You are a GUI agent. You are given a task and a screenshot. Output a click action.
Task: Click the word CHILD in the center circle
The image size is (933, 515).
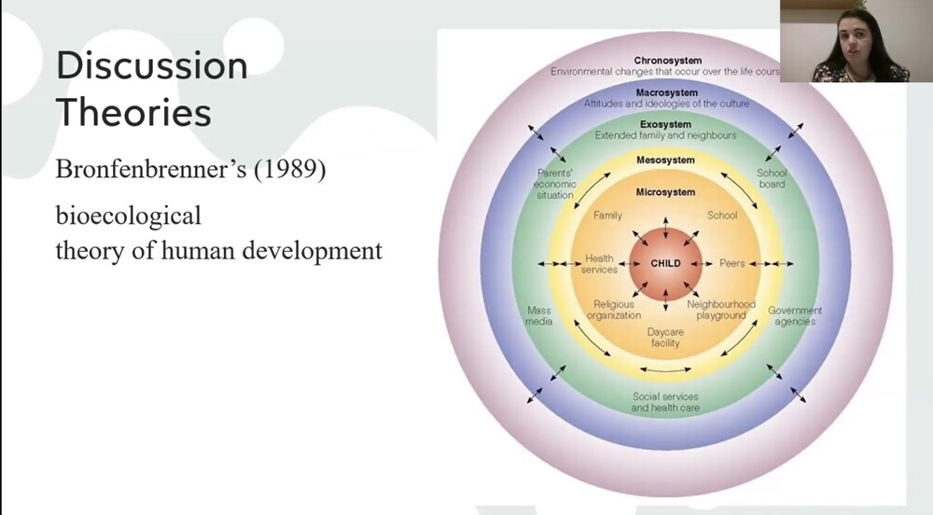point(665,264)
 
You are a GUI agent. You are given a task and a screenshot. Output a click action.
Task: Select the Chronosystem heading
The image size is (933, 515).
point(667,61)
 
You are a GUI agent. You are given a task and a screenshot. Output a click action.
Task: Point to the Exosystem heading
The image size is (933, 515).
point(666,125)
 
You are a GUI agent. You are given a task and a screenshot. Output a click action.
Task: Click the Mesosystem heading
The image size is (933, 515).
point(665,160)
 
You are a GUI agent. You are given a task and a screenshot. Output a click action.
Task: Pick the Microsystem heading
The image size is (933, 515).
point(665,192)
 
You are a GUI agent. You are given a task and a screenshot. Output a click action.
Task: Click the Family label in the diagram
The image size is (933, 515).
point(608,216)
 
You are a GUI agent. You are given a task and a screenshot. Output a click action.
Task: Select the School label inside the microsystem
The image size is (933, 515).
point(722,216)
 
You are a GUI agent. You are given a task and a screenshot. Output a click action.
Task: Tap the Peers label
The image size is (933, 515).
point(732,264)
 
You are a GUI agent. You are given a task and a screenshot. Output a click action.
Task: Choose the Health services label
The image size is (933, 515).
point(600,264)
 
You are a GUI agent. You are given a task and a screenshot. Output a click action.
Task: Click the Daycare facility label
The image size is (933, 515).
point(664,337)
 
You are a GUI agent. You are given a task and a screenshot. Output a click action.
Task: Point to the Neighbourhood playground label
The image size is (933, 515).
point(721,310)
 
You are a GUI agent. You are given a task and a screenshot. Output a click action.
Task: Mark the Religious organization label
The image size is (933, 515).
point(614,310)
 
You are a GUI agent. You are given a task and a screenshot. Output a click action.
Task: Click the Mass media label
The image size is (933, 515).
point(539,315)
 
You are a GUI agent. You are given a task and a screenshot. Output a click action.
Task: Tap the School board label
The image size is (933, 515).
point(772,178)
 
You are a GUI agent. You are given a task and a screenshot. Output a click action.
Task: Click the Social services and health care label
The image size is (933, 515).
point(665,402)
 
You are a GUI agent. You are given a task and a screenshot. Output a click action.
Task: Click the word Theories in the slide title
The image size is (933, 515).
point(133,113)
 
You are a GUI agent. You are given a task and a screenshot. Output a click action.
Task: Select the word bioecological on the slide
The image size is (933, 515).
point(128,216)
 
